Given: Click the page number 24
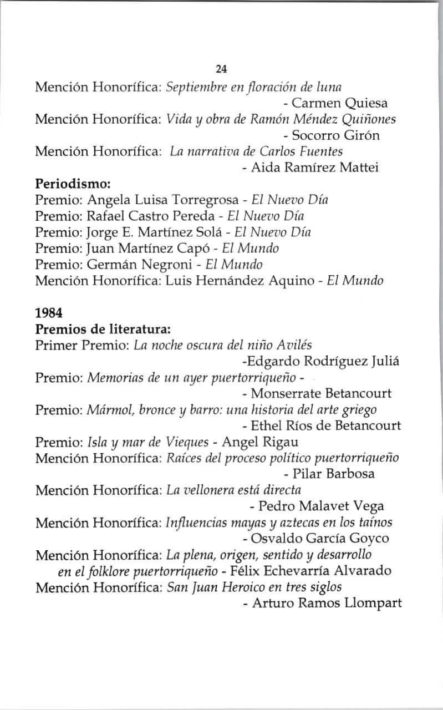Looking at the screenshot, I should [x=221, y=69].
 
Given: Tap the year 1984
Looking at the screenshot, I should [x=48, y=312].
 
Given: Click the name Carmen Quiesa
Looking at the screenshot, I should [x=339, y=103].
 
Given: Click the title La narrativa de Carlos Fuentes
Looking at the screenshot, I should [x=256, y=151].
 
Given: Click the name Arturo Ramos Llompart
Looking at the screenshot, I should [x=326, y=603].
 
